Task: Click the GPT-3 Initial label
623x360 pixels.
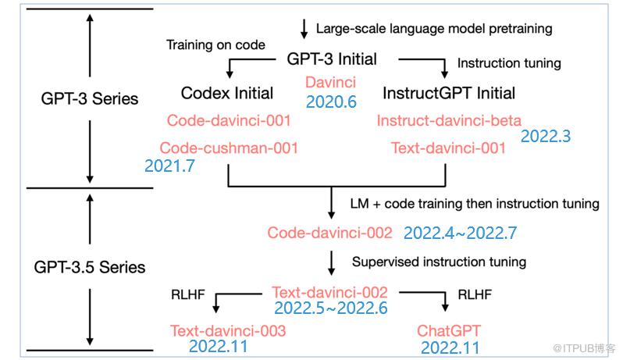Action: (332, 59)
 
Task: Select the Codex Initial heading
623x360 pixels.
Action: (227, 94)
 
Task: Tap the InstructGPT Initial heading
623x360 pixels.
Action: (449, 94)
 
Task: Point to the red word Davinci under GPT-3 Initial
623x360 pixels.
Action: (330, 82)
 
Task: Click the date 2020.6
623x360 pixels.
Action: (331, 102)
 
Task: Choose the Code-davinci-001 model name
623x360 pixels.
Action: (229, 120)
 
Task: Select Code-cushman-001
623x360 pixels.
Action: (229, 148)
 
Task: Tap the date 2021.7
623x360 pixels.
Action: (169, 166)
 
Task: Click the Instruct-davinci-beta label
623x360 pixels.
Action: (449, 120)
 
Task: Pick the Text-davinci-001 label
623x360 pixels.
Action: (449, 148)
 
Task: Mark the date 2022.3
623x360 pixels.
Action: (546, 137)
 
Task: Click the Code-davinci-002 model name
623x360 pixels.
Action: (329, 233)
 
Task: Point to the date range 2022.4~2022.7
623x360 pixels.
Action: (461, 233)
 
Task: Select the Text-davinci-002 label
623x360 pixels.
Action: (329, 292)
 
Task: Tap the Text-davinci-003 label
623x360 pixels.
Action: (228, 330)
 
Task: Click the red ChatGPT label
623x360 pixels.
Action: (449, 330)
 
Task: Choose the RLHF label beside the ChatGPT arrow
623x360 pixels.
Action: (475, 295)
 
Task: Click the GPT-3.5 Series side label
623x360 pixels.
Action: (90, 267)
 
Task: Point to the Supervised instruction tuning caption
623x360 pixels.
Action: (439, 262)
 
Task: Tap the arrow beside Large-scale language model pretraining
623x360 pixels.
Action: (304, 29)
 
